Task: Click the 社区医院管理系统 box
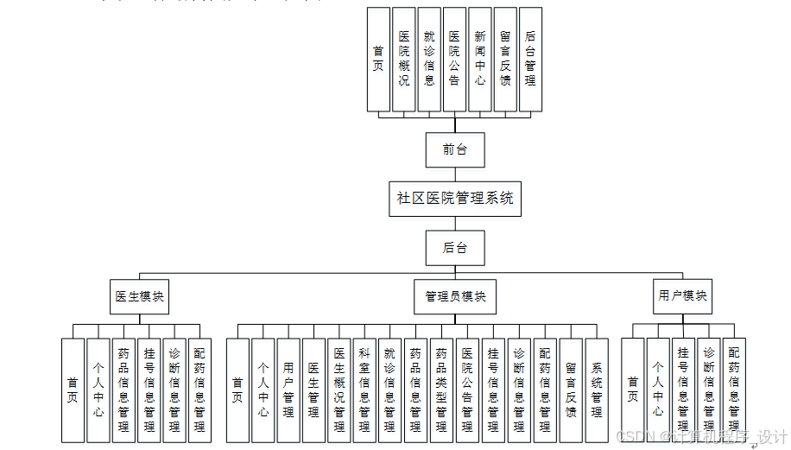click(455, 198)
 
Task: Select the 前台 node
click(455, 149)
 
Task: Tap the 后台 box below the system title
click(455, 248)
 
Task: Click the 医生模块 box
click(138, 296)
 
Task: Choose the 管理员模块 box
click(455, 296)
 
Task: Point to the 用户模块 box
click(683, 296)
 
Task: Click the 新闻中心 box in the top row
click(480, 60)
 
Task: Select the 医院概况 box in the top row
click(403, 60)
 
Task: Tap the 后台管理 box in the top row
click(530, 60)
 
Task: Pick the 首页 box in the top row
click(378, 60)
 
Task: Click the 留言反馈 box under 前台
click(505, 60)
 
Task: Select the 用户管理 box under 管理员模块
click(288, 390)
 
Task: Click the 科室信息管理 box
click(364, 390)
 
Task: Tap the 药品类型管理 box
click(441, 390)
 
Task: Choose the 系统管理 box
click(597, 390)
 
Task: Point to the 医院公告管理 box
click(467, 390)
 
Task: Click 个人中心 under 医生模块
click(98, 390)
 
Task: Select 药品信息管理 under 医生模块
click(123, 390)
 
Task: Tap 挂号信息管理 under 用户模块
click(683, 390)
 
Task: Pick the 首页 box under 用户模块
click(633, 390)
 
